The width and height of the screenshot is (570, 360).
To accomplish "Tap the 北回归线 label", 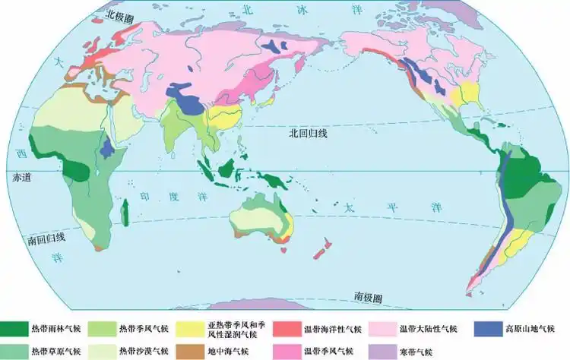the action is tap(308, 134).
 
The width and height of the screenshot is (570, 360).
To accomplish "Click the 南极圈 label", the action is tap(367, 295).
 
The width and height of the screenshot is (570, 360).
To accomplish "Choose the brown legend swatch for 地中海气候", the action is tap(190, 352).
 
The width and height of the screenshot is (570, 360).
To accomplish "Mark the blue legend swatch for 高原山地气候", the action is tap(488, 329).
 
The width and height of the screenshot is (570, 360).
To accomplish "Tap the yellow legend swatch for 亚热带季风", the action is tap(190, 329).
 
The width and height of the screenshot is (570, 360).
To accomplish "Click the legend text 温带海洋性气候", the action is tap(333, 330).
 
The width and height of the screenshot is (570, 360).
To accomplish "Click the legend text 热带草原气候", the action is tap(55, 352).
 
